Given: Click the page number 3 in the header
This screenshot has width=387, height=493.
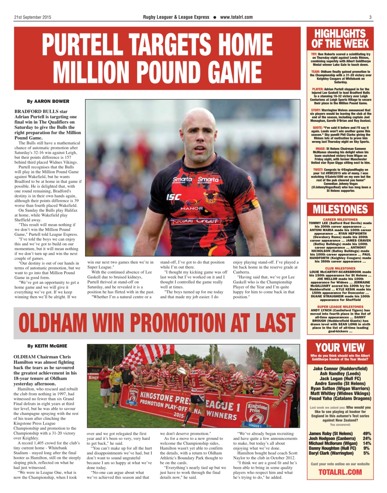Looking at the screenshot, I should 370,17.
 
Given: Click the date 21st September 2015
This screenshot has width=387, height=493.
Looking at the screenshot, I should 32,17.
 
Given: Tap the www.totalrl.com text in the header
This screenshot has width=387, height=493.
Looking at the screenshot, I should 236,17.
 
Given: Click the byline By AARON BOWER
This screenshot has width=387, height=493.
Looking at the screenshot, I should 48,101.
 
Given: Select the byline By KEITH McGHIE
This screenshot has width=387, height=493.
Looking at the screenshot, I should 47,346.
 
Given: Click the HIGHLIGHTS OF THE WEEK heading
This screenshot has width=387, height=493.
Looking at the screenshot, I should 340,39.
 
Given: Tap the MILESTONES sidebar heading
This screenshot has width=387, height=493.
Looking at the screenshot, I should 340,210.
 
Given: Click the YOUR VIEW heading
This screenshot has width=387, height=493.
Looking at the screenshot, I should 340,348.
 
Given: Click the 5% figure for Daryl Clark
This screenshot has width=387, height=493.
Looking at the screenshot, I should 366,453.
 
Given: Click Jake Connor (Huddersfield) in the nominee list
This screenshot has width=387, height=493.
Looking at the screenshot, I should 340,369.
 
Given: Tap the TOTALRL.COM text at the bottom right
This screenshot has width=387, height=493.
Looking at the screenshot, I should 340,472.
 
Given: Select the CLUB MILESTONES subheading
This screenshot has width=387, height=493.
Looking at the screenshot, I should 340,268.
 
